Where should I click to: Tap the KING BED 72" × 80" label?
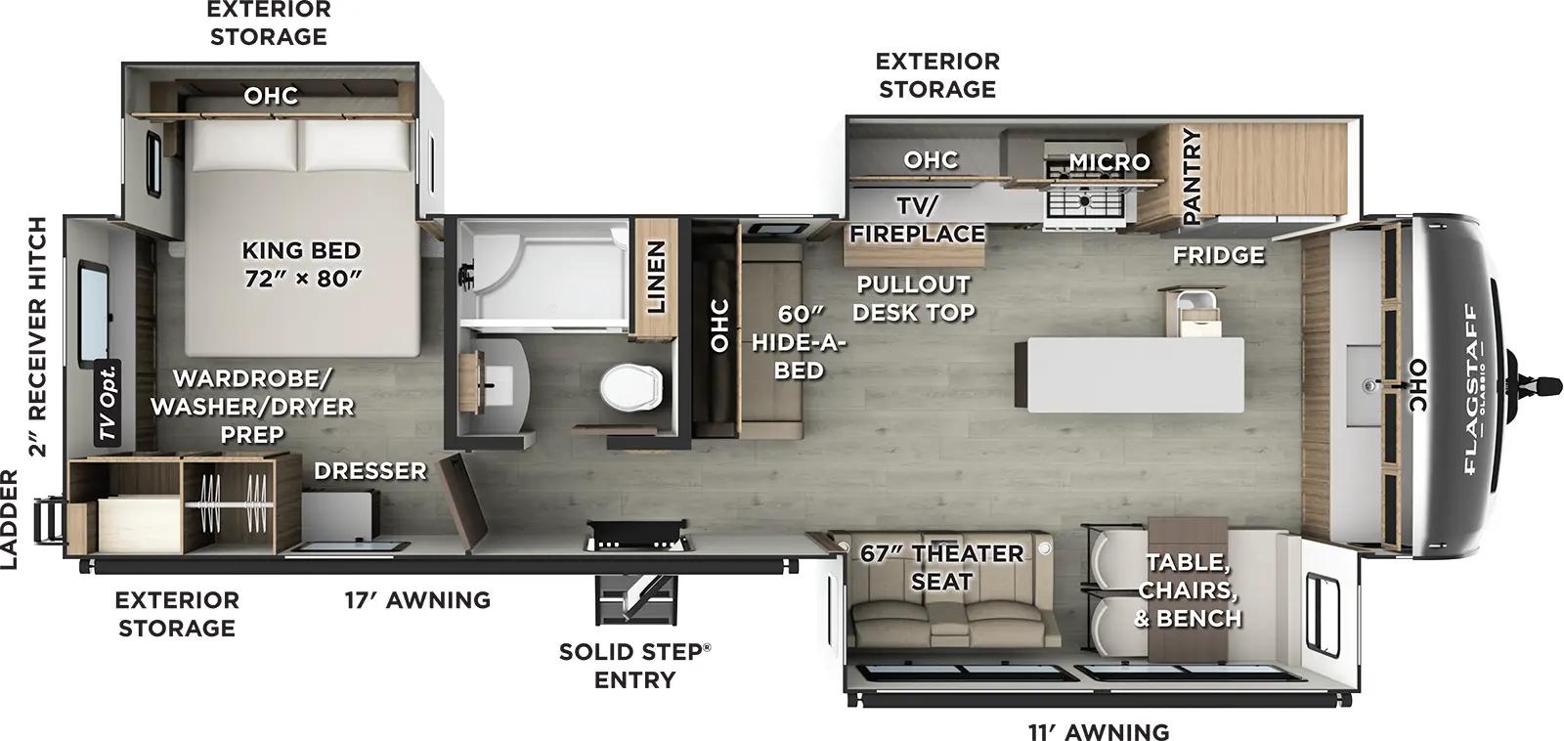pos(301,264)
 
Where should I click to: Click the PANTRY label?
pos(1192,177)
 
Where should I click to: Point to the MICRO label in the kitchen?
pos(1108,161)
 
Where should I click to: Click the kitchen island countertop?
pos(1129,371)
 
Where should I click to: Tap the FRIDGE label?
pos(1218,255)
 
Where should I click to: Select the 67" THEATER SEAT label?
pos(941,567)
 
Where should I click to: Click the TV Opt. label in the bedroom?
pos(109,403)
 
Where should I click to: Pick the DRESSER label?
pos(369,470)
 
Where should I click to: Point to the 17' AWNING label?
pos(416,599)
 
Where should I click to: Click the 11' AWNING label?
pos(1098,730)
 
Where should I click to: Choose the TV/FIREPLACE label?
pos(916,219)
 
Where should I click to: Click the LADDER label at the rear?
pos(9,519)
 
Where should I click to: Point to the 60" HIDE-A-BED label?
pos(800,342)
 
